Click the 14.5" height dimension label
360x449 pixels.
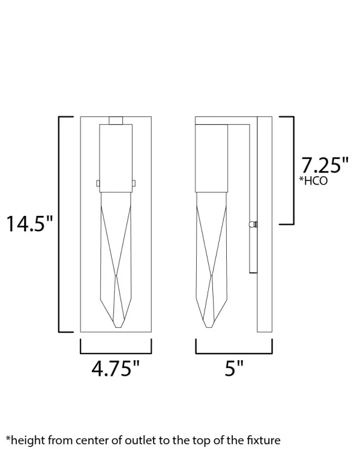click(29, 224)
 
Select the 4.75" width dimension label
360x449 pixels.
click(115, 368)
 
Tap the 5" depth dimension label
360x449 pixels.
click(233, 368)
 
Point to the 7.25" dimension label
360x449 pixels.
click(325, 164)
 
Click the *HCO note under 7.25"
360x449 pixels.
click(313, 180)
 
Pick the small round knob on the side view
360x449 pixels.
click(253, 225)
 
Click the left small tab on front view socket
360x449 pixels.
click(97, 183)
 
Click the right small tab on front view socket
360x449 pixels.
click(134, 183)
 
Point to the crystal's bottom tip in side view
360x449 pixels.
click(211, 327)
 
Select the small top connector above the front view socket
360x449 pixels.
click(115, 120)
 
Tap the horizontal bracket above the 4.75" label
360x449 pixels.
click(115, 353)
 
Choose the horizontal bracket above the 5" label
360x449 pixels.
click(233, 353)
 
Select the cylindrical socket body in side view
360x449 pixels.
click(211, 157)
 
